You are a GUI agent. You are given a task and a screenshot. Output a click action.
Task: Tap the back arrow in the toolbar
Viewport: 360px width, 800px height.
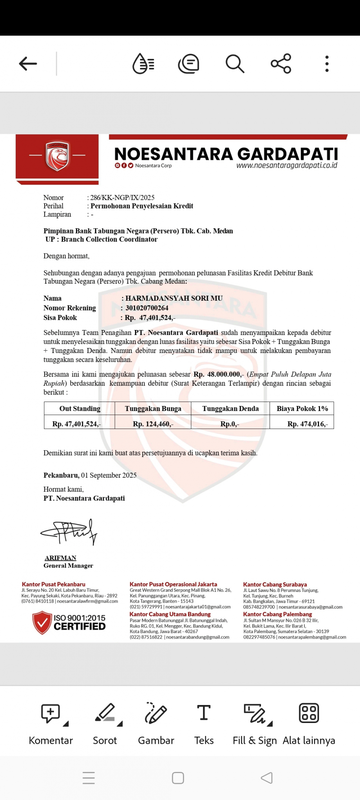coord(28,63)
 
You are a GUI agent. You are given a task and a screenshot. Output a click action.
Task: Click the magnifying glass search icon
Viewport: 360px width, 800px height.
coord(234,63)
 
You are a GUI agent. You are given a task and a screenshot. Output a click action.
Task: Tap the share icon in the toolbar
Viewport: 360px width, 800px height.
coord(281,63)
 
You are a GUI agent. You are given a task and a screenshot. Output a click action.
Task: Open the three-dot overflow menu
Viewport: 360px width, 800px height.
coord(327,63)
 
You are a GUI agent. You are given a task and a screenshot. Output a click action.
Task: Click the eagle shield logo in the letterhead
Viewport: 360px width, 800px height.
coord(57,156)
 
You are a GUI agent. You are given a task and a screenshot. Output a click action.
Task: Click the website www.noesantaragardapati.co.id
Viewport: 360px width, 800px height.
coord(287,165)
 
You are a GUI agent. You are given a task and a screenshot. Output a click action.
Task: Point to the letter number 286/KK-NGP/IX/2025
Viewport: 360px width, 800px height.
coord(122,198)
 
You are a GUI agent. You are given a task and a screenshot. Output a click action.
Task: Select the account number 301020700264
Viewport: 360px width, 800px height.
coord(147,308)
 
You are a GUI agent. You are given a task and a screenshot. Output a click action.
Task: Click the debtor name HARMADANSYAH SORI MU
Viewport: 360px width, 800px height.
coord(174,298)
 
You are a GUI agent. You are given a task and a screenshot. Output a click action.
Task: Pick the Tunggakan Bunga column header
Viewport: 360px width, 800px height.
coord(153,409)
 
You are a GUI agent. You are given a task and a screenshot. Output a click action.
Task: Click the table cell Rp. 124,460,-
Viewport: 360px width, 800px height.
coord(153,424)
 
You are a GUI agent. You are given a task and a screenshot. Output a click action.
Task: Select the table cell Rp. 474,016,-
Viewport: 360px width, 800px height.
coord(308,424)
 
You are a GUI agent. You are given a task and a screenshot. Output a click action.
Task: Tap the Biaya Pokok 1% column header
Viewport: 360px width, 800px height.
coord(302,409)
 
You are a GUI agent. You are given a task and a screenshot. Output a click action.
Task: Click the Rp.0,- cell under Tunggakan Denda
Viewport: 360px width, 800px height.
coord(229,424)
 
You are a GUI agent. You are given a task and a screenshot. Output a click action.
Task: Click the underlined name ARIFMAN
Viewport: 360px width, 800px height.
coord(60,558)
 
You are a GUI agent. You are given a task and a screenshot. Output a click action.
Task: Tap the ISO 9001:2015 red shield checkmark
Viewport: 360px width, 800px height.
coord(42,622)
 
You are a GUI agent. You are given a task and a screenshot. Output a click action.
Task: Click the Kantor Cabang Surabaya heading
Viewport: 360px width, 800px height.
coord(275,584)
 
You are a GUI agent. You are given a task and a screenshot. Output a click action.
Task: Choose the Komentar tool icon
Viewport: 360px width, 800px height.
coord(51,714)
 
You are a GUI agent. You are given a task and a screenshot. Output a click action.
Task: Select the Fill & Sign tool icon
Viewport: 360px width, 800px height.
coord(255,714)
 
